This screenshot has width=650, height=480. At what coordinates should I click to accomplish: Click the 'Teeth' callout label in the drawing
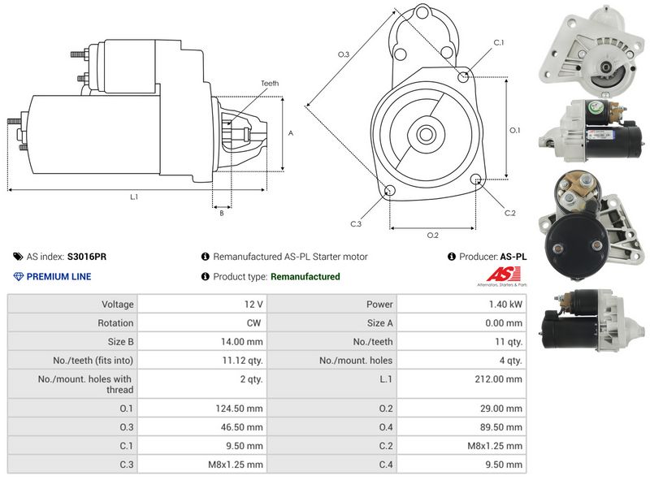point(270,84)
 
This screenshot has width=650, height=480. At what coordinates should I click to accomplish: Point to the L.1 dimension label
point(134,197)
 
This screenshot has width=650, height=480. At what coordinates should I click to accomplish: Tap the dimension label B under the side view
point(222,213)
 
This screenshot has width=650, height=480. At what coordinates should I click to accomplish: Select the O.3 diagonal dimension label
point(344,54)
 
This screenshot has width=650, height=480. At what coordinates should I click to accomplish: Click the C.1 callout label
point(499,42)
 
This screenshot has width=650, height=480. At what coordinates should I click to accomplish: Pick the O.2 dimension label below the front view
point(433,236)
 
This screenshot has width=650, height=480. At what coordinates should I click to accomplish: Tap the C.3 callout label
point(356,223)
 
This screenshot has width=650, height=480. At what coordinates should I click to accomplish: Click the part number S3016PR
point(86,257)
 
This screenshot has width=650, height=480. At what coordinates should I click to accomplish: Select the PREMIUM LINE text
point(58,277)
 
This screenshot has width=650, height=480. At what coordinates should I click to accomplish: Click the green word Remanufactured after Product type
point(305,277)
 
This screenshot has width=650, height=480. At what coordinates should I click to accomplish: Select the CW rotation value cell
point(254,323)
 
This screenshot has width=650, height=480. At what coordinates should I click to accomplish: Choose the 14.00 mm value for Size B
point(245,342)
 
